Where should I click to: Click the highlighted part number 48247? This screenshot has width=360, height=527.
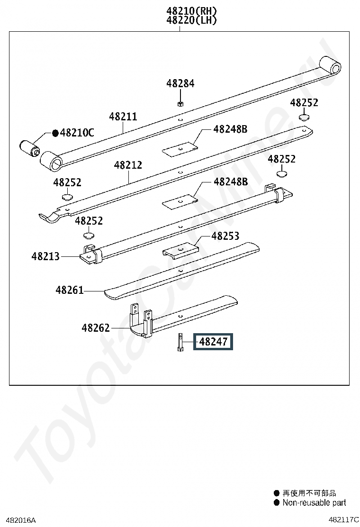213,341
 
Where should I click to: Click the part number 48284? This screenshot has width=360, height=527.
180,83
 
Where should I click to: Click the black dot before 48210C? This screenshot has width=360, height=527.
55,133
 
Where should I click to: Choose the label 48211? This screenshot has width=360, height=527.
123,117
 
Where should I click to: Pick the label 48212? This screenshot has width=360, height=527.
128,165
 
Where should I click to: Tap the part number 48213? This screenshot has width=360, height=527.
45,256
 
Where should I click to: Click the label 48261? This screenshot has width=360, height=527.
70,290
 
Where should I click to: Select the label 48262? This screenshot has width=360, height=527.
95,327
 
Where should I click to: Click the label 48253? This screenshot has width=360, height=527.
225,236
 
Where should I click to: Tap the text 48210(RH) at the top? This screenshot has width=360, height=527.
191,10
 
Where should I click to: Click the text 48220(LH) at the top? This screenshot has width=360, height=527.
191,20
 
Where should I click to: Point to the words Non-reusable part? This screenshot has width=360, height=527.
314,502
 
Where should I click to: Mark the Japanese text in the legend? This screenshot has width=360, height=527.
309,493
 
